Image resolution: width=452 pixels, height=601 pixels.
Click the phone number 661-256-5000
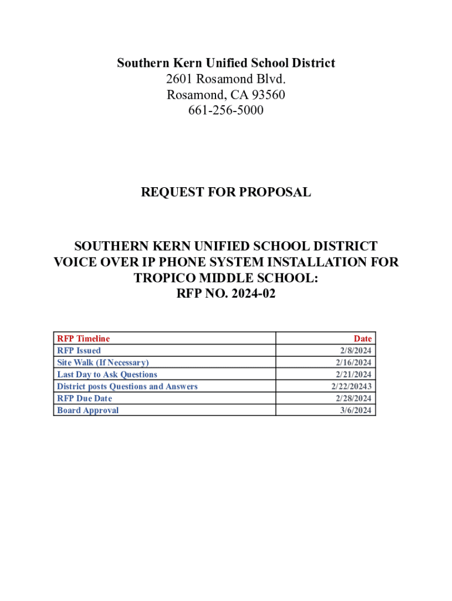(x=226, y=110)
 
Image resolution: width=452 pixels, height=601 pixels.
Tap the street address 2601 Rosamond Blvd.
(x=226, y=79)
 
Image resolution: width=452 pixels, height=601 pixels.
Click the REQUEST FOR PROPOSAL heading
(x=226, y=192)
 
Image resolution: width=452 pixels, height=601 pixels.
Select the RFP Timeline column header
(x=83, y=339)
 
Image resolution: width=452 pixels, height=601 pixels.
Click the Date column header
(x=362, y=339)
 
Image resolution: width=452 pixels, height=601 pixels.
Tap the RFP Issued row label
(x=79, y=350)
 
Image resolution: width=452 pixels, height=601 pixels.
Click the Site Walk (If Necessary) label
(x=103, y=363)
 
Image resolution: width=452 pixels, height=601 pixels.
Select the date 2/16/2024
(x=354, y=363)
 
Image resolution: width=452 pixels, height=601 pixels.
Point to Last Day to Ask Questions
(x=107, y=374)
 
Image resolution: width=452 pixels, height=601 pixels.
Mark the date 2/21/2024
(x=354, y=374)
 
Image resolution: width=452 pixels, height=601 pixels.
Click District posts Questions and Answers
(x=127, y=386)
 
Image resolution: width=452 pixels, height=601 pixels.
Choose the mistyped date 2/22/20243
(x=352, y=386)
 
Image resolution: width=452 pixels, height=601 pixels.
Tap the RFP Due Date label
(x=84, y=399)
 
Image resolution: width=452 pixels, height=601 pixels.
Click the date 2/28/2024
(x=354, y=399)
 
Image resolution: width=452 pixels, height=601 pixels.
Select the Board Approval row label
(x=87, y=410)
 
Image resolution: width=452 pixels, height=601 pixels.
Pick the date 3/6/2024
(x=356, y=410)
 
